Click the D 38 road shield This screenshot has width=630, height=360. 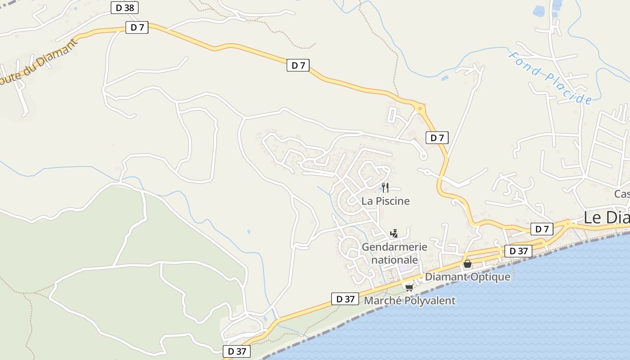click(125, 8)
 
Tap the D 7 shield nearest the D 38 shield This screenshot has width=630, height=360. click(137, 27)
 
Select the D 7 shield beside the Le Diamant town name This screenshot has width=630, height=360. click(542, 229)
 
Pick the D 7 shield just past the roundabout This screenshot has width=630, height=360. click(437, 138)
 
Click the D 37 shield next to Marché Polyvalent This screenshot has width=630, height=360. click(345, 299)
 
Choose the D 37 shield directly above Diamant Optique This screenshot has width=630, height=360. click(518, 251)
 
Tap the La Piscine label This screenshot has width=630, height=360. click(386, 201)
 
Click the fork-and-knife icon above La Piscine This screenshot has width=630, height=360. click(385, 188)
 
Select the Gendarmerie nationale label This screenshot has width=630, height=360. click(394, 253)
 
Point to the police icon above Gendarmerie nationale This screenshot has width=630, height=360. click(394, 233)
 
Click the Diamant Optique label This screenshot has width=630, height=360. click(468, 277)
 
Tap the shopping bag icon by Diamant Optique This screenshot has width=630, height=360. click(468, 264)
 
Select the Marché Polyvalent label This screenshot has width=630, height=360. click(409, 301)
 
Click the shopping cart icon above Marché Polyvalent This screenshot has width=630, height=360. click(409, 287)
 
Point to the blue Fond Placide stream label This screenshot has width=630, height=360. click(549, 77)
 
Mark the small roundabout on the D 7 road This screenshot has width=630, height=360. click(420, 108)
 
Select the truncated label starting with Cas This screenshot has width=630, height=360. click(622, 194)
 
